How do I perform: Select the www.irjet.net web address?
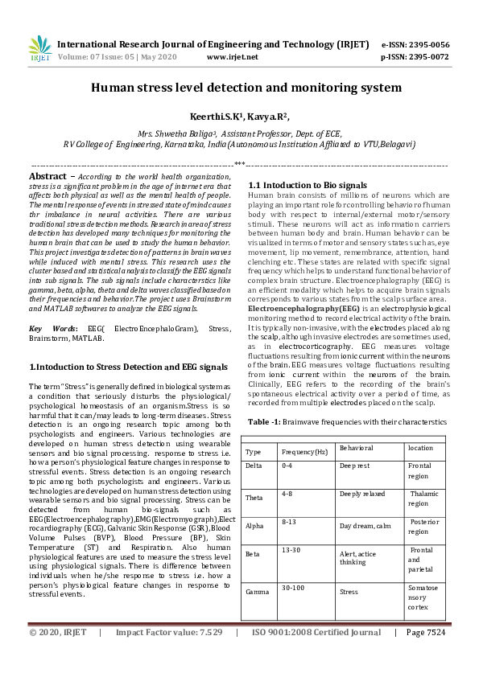[233, 58]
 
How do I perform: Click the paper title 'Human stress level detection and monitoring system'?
[246, 87]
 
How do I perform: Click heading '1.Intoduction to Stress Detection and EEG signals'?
[128, 367]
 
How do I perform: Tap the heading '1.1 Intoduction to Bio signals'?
[308, 186]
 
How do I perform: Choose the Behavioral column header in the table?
[356, 448]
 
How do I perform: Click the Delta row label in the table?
[254, 466]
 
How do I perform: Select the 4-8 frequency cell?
[287, 495]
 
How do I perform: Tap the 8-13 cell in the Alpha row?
[289, 522]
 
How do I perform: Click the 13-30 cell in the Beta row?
[291, 551]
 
